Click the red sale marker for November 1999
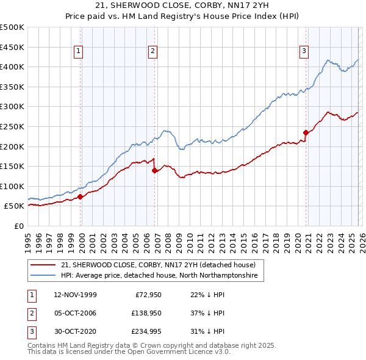click(x=81, y=196)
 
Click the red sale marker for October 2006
click(x=155, y=171)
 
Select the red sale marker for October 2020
click(x=306, y=132)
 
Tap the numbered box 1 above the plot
click(x=79, y=52)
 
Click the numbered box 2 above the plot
click(x=152, y=52)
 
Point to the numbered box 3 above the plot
click(x=303, y=52)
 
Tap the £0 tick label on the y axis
click(x=18, y=226)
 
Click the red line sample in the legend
click(x=43, y=265)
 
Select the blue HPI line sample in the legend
click(x=43, y=276)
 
